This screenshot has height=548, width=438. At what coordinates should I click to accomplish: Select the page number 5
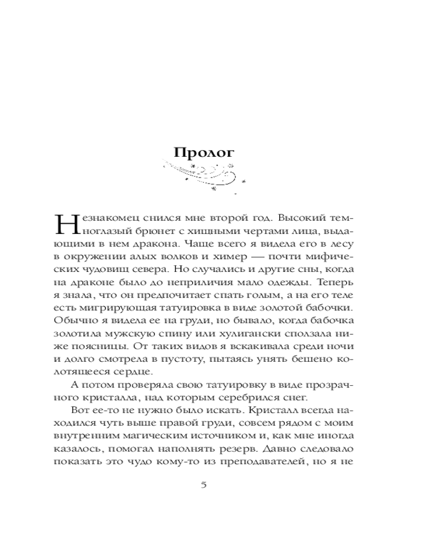[x=204, y=485]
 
